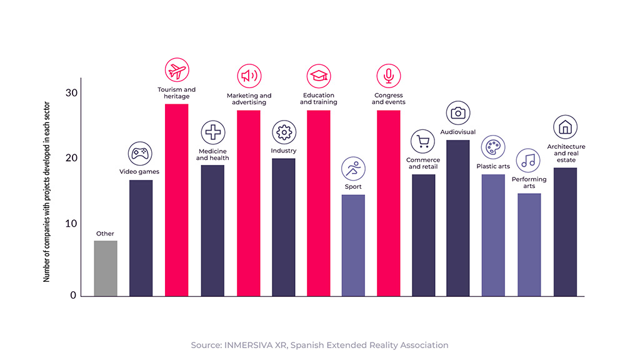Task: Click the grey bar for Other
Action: (x=106, y=268)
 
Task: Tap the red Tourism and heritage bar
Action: (x=176, y=200)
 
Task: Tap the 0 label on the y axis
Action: (x=73, y=296)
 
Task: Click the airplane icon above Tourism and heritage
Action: (x=177, y=70)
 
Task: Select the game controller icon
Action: (x=140, y=154)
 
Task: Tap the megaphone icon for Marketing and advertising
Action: (x=249, y=76)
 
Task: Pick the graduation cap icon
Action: (x=318, y=76)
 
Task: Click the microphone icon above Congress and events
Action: (x=388, y=76)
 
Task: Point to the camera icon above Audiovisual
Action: (x=458, y=112)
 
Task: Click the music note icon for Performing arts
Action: (x=528, y=161)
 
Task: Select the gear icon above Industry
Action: (x=284, y=132)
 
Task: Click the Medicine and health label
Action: (x=212, y=154)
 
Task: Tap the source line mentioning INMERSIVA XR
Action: (x=320, y=344)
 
